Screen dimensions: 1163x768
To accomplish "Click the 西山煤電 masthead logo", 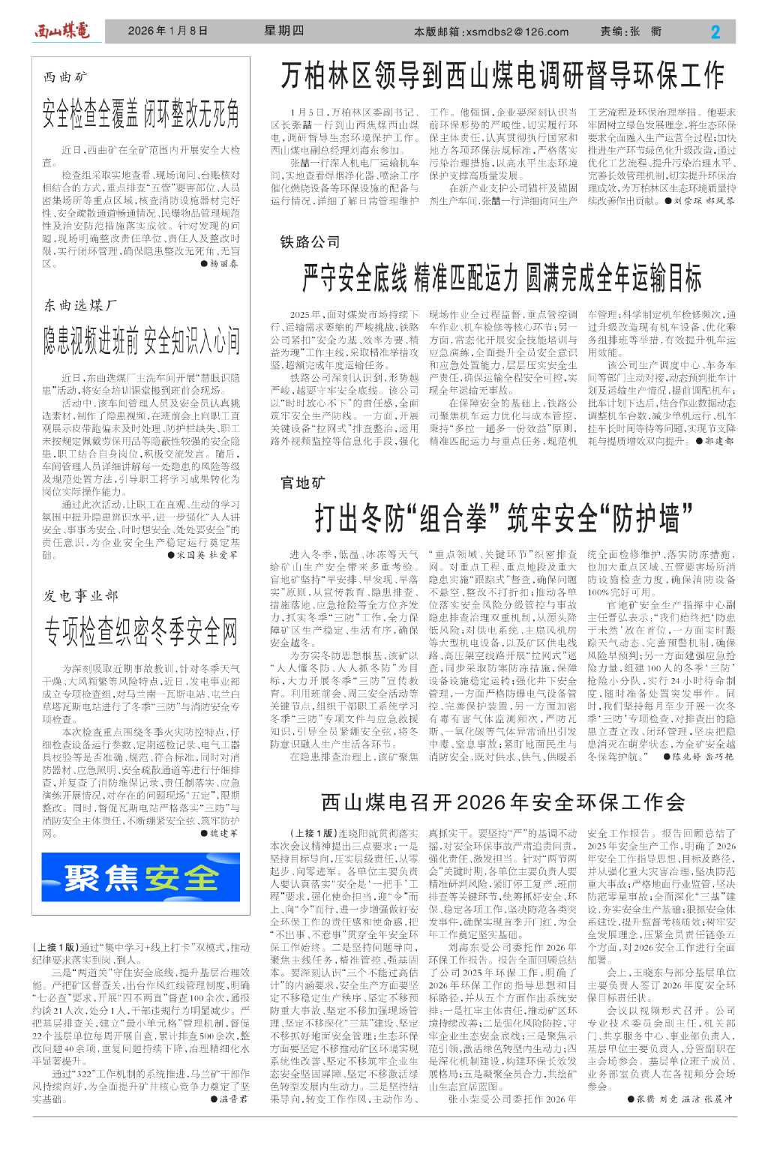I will (61, 31).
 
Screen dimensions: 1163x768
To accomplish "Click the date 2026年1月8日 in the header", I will (167, 31).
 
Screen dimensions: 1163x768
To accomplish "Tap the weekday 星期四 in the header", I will (284, 31).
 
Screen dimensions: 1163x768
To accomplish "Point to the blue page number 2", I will (715, 31).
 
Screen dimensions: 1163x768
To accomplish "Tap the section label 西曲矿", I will (66, 77).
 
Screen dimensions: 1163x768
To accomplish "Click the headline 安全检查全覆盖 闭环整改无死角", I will (141, 112).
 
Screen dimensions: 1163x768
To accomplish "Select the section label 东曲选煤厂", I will (80, 305).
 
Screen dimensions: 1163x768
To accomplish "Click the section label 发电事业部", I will (81, 595).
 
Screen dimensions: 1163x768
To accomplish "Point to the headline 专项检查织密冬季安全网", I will (141, 631).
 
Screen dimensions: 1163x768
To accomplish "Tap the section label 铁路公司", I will (310, 241).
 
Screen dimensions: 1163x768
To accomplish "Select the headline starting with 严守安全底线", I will (502, 278).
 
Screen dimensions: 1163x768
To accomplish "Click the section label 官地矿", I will (303, 483).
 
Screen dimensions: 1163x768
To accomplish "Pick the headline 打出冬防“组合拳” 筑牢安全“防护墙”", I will (502, 518).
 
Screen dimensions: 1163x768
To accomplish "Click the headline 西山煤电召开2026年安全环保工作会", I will (502, 802).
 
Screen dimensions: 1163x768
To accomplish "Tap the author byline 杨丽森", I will (223, 264).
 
